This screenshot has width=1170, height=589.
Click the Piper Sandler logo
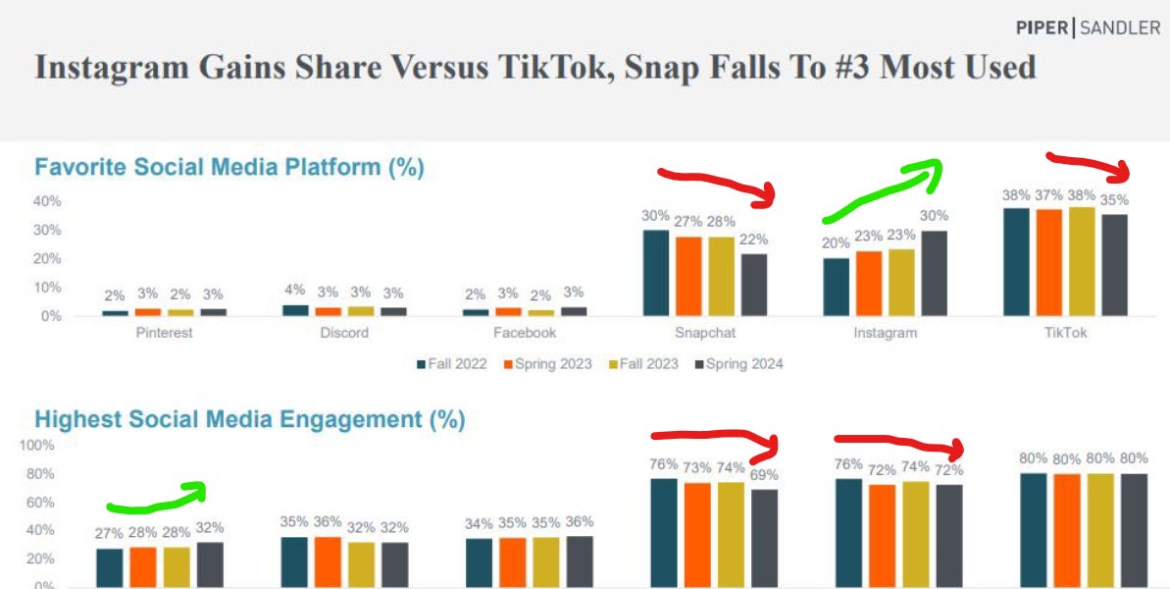[1088, 27]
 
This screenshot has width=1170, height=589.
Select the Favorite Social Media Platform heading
[229, 167]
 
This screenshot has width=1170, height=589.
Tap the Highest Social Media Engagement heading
[249, 420]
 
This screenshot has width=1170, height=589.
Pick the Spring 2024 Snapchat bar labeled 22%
[753, 285]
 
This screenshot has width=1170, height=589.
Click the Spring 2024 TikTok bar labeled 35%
[1113, 265]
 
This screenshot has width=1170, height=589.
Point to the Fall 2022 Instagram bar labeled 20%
[837, 287]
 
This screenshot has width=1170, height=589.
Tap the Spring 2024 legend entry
[738, 364]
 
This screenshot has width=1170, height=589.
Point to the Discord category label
[344, 333]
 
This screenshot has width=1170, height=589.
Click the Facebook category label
[525, 333]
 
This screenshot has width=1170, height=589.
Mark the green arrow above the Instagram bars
[883, 191]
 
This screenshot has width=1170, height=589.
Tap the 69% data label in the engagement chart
[765, 474]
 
